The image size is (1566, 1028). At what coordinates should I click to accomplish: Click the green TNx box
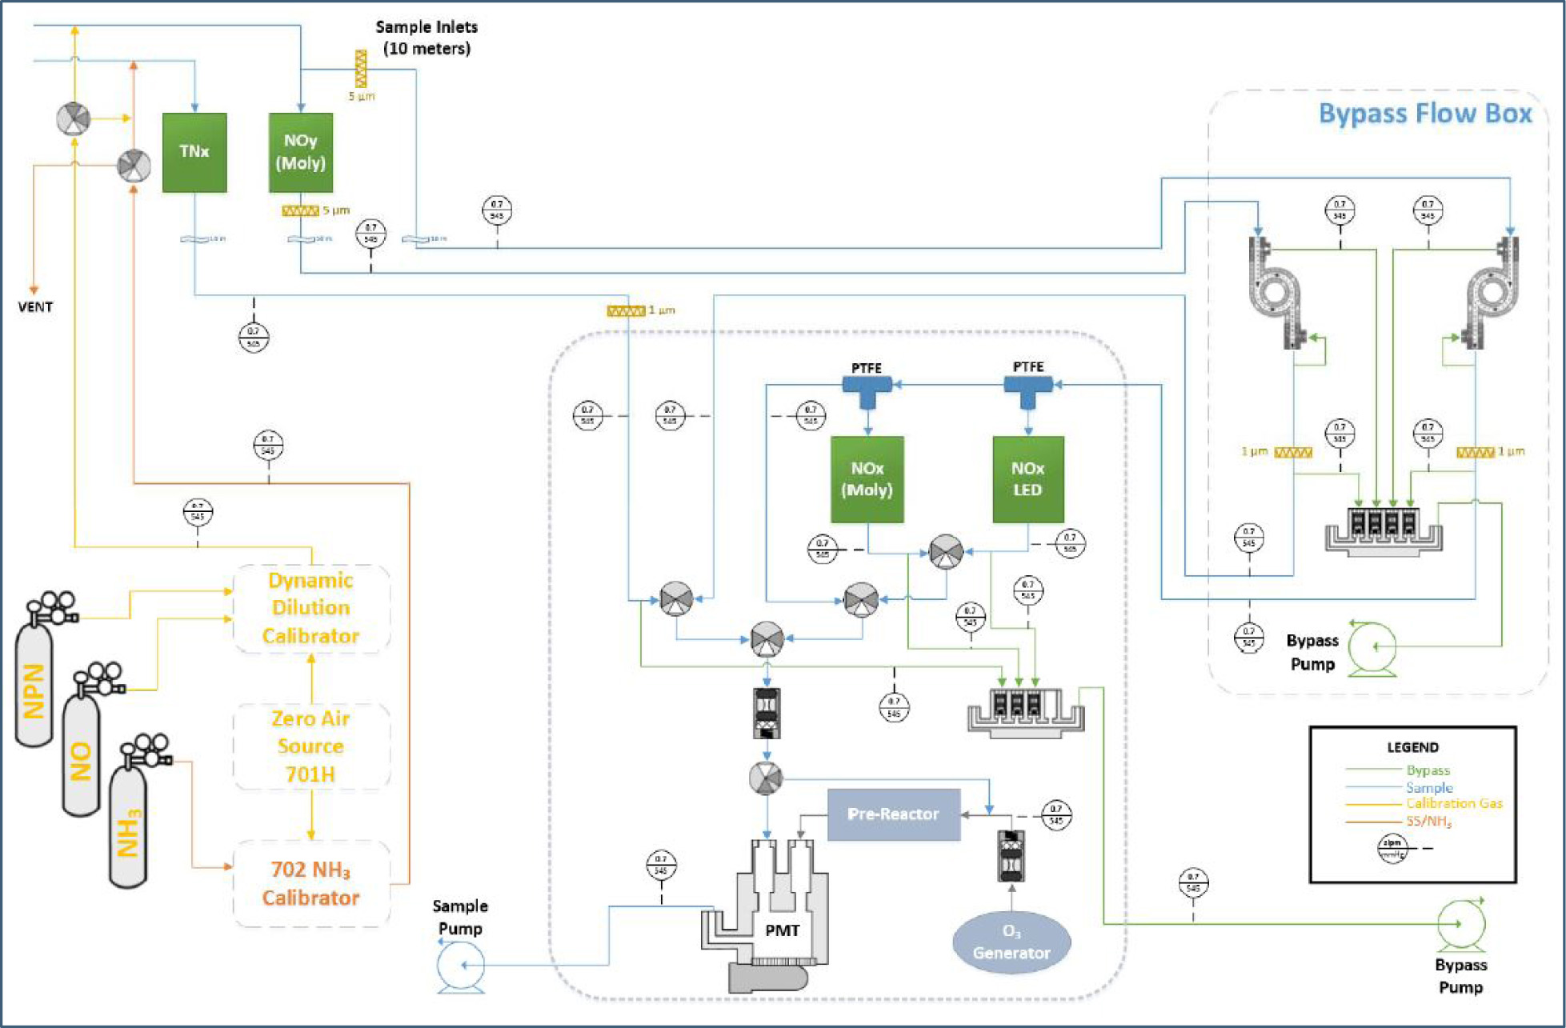(x=194, y=152)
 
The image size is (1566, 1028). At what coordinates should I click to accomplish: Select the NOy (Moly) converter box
(x=300, y=152)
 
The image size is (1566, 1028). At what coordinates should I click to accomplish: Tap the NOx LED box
(x=1027, y=479)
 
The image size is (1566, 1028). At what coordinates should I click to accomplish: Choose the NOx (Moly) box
(x=867, y=479)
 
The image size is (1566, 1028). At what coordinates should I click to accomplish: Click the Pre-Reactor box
(x=893, y=814)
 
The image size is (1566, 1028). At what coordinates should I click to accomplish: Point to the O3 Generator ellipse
(x=1011, y=942)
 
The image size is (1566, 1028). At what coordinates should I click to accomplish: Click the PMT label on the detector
(x=782, y=930)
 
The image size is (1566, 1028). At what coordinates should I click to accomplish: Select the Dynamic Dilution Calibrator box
(x=310, y=608)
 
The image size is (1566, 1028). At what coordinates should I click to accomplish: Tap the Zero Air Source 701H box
(x=310, y=746)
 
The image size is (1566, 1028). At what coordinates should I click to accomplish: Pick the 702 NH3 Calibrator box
(x=310, y=884)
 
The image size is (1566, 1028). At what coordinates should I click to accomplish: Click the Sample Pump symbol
(x=461, y=966)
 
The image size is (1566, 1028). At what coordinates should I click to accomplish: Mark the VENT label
(x=35, y=307)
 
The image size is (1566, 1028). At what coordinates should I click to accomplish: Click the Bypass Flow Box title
(x=1424, y=114)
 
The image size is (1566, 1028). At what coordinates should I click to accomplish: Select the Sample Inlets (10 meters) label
(x=427, y=38)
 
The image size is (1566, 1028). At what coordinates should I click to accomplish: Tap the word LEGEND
(x=1412, y=747)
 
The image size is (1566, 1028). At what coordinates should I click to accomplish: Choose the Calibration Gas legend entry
(x=1454, y=803)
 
